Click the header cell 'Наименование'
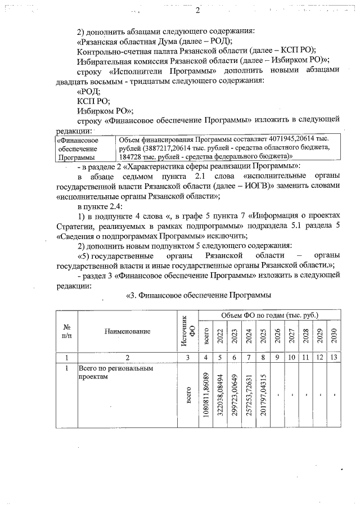click(128, 331)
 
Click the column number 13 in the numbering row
click(334, 357)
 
